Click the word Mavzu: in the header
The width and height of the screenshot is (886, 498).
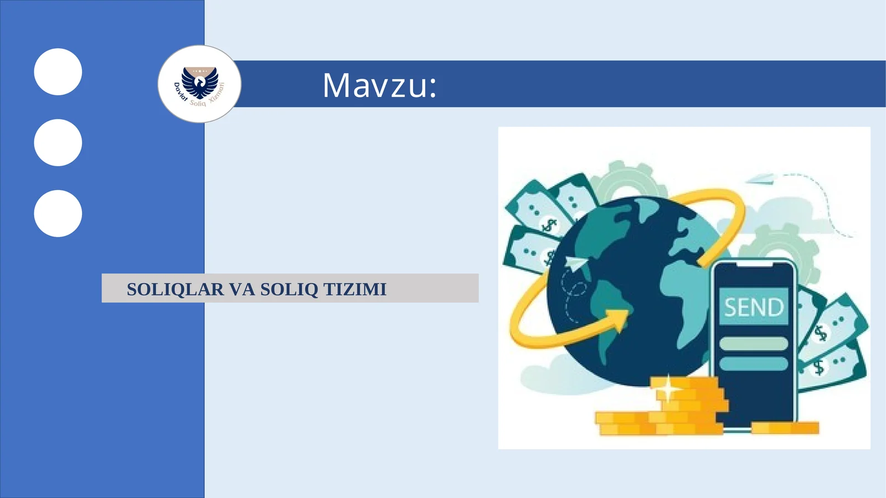pos(379,85)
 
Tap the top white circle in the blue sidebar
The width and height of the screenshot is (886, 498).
pos(58,72)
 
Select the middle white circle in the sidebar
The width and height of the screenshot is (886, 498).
pos(58,142)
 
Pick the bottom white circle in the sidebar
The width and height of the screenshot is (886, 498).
pos(58,213)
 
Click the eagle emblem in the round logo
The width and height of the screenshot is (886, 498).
pos(200,81)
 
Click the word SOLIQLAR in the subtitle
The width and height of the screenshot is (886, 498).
pos(175,289)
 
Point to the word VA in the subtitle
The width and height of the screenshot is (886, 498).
pos(242,289)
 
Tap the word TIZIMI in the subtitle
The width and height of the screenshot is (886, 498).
pos(355,289)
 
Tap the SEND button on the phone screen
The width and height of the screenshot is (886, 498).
pos(753,306)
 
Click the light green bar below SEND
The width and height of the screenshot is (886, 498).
pos(753,343)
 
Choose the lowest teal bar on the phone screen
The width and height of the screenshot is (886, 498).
pos(753,363)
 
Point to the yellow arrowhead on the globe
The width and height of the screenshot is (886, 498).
pos(619,319)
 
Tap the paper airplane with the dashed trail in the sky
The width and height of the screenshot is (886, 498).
pos(761,178)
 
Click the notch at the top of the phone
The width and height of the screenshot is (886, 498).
pos(753,265)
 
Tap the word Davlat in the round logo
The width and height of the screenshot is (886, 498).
pos(181,92)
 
